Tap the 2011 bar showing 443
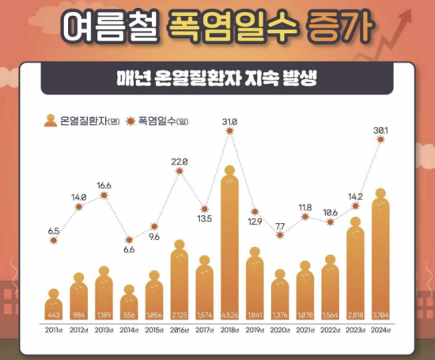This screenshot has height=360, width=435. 53,305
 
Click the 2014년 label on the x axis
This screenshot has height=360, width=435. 129,333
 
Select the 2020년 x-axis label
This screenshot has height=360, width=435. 279,333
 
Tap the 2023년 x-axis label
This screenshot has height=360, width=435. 355,333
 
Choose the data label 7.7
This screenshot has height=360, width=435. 279,226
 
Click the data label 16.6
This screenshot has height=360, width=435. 103,184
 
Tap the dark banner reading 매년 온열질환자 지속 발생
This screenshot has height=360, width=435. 217,79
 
